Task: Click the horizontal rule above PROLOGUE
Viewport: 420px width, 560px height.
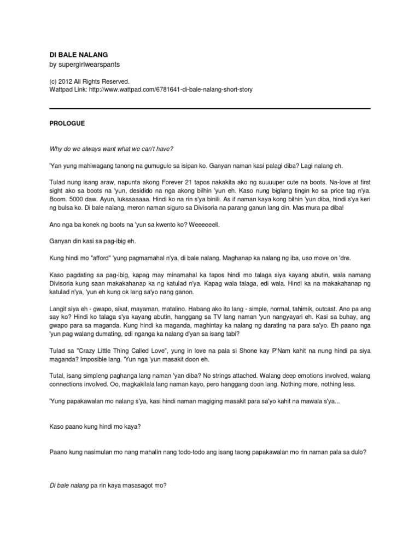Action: pyautogui.click(x=210, y=108)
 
